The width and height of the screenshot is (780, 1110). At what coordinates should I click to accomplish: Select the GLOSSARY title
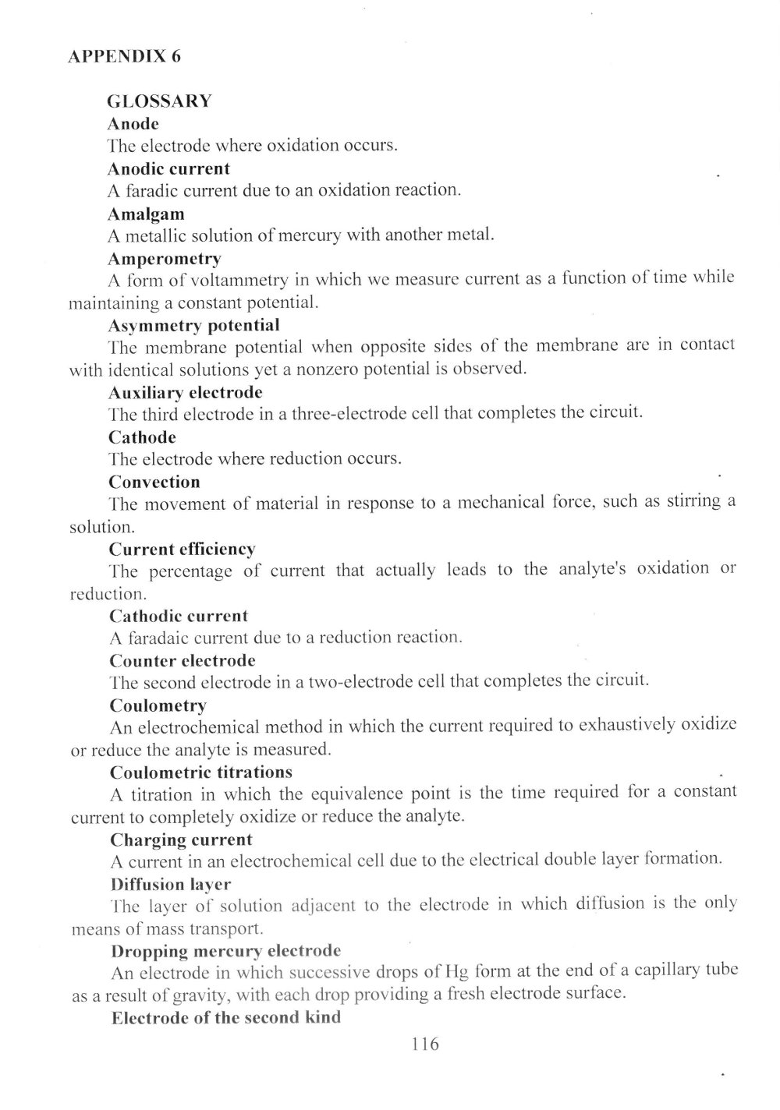tap(159, 101)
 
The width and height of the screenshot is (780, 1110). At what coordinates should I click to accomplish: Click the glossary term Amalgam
tap(146, 214)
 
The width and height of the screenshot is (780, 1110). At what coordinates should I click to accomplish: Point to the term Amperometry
tap(165, 258)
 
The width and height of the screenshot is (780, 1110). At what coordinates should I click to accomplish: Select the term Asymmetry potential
tap(193, 325)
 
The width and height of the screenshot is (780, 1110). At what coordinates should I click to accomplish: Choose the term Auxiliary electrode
tap(186, 392)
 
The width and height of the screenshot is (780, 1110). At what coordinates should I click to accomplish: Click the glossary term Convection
tap(154, 482)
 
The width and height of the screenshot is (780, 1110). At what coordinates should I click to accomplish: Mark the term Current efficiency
tap(182, 550)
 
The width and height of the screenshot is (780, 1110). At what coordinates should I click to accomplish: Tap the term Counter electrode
tap(183, 661)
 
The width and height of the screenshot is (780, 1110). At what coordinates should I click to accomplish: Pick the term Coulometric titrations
tap(201, 772)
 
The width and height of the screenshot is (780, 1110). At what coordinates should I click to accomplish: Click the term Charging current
tap(181, 840)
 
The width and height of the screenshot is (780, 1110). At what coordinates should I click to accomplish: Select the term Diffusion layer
tap(171, 885)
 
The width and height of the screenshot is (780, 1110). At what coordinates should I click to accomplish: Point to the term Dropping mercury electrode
tap(225, 952)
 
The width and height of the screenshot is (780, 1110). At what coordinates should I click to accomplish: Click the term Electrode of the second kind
tap(226, 1019)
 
